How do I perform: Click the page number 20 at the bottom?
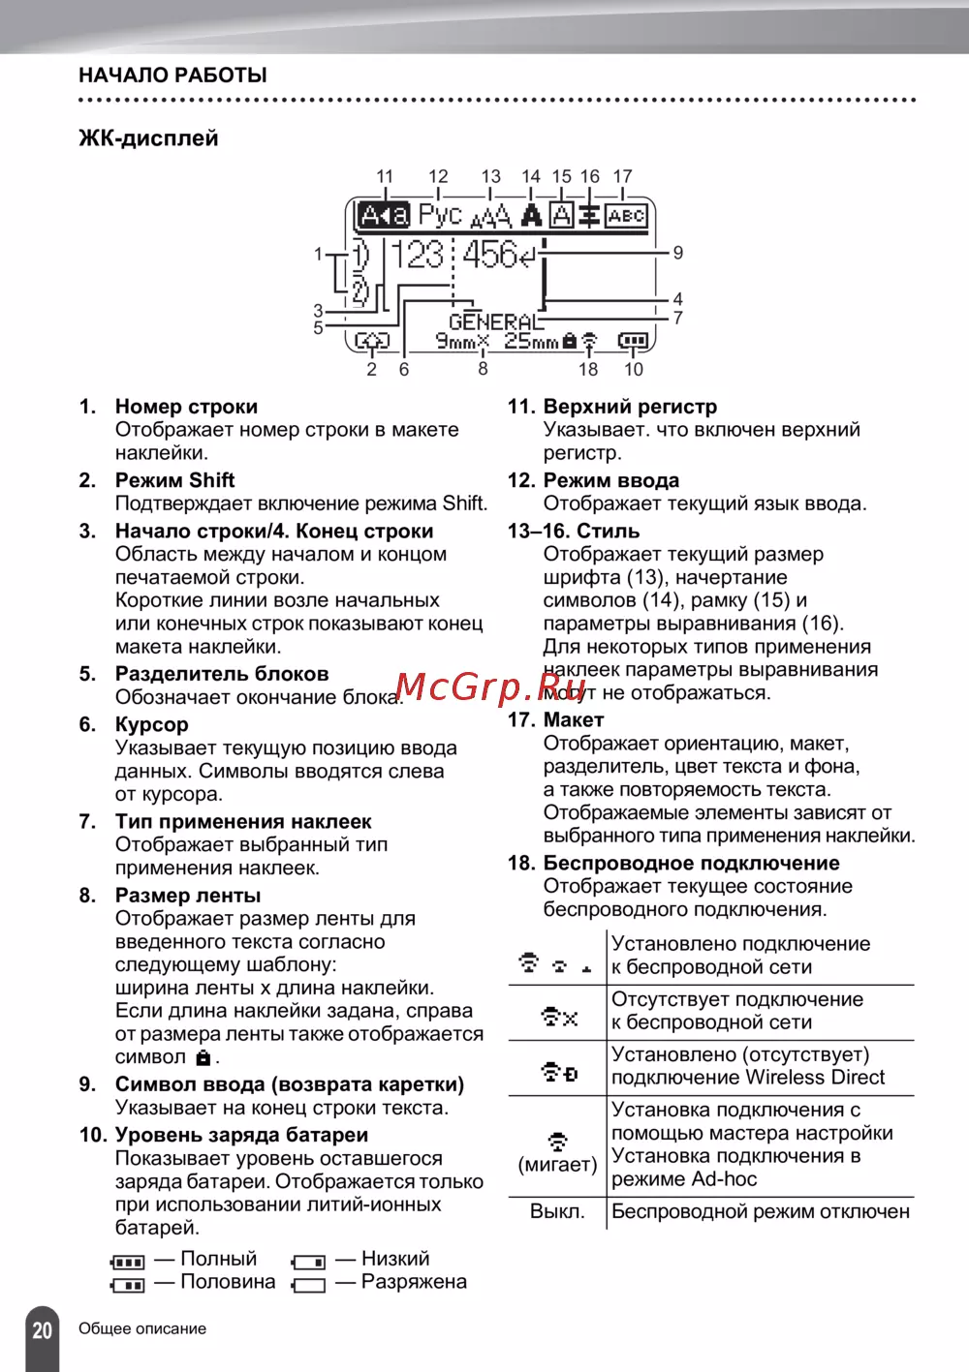[42, 1329]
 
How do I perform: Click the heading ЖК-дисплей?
[148, 138]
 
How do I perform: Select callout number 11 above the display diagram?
[385, 176]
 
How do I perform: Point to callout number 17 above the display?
[622, 176]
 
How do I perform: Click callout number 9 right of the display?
[678, 253]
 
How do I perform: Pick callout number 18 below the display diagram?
[588, 369]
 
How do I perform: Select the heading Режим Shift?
[174, 480]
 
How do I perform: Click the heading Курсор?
[151, 724]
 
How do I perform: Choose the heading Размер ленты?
[187, 896]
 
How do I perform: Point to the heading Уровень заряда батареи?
[241, 1135]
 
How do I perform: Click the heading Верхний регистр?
[630, 407]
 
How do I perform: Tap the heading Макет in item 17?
[573, 720]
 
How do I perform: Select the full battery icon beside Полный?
[128, 1262]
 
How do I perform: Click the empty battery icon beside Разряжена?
[308, 1286]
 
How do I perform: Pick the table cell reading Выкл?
[557, 1211]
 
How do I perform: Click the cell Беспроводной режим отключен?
[761, 1211]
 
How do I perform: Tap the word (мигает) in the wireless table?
[557, 1164]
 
